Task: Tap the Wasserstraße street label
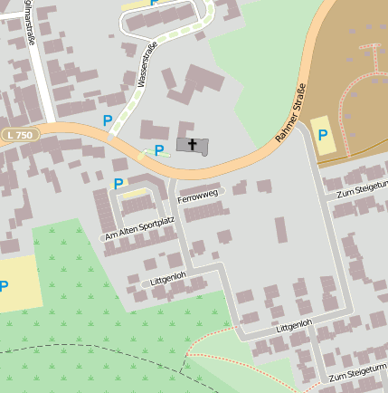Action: pyautogui.click(x=147, y=64)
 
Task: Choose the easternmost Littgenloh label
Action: pyautogui.click(x=294, y=323)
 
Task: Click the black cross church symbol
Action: pyautogui.click(x=192, y=144)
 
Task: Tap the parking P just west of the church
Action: pyautogui.click(x=159, y=149)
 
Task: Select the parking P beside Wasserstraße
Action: pyautogui.click(x=108, y=120)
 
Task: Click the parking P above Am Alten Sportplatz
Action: pyautogui.click(x=118, y=183)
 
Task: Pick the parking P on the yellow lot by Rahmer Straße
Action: pyautogui.click(x=323, y=135)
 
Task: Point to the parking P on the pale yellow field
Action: pyautogui.click(x=5, y=286)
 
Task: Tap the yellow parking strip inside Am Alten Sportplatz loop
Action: pyautogui.click(x=136, y=193)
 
